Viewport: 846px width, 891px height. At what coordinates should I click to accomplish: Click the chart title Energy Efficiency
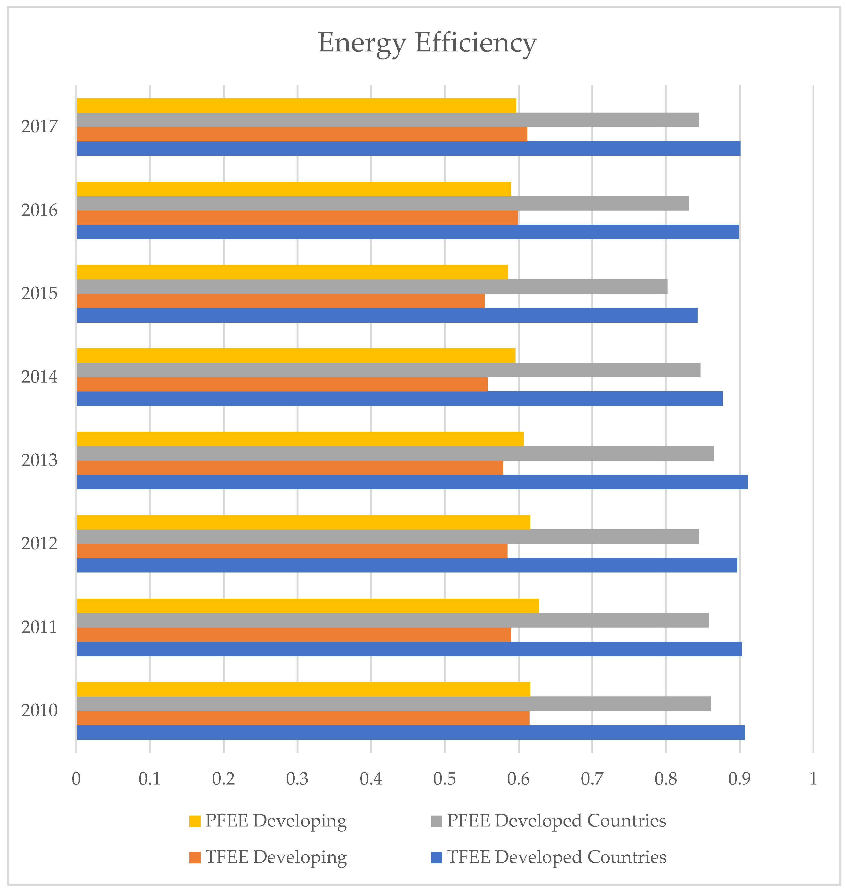[427, 43]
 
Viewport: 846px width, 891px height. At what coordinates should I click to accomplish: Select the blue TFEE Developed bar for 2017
[408, 148]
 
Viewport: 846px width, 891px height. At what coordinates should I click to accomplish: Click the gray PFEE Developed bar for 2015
[372, 286]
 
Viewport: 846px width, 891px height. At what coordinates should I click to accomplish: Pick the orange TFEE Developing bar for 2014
[282, 384]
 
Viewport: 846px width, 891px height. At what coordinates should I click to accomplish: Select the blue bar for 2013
[412, 482]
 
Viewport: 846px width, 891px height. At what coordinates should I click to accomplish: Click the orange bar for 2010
[303, 718]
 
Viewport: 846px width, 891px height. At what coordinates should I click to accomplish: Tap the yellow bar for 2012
[303, 522]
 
